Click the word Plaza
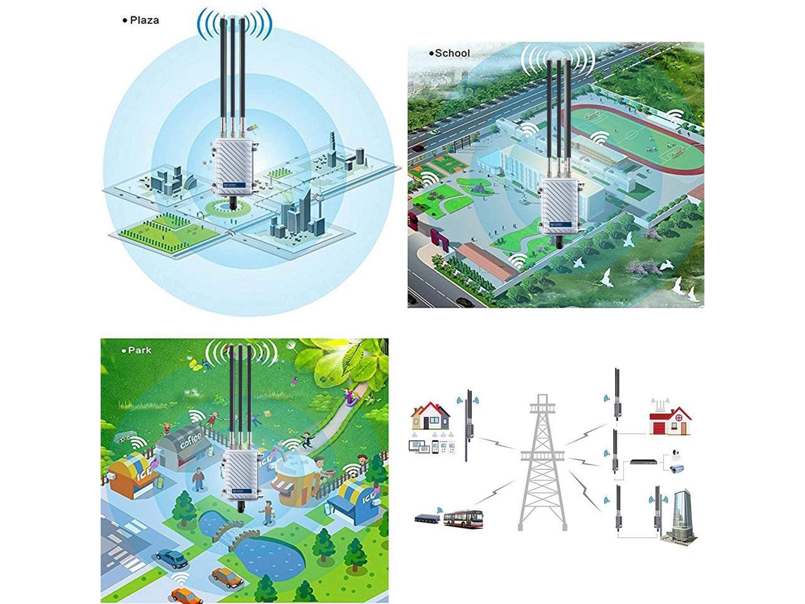[x=144, y=20]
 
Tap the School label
[x=452, y=53]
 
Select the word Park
[x=140, y=350]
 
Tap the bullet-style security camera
[x=677, y=468]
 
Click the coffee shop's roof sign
[x=190, y=437]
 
